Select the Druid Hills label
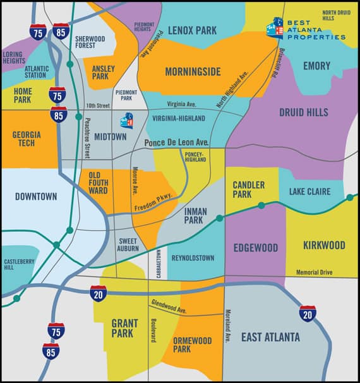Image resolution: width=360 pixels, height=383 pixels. coord(303,112)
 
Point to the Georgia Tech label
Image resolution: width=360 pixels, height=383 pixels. coord(27,139)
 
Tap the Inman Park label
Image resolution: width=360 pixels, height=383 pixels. coord(194,216)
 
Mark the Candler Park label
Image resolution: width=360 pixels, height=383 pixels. coord(248,189)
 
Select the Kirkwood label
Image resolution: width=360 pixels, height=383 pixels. coord(323,245)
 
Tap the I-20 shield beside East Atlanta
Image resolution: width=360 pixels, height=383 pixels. coord(308,313)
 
